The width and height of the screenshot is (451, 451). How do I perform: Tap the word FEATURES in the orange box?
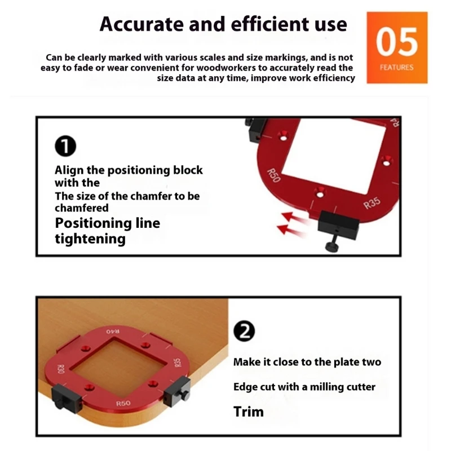(x=397, y=67)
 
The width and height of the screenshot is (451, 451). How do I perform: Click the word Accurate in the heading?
(x=142, y=24)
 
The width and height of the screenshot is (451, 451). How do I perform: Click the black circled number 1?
(x=65, y=146)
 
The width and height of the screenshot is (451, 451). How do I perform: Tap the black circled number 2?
(x=244, y=331)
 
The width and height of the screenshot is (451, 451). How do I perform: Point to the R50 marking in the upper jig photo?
(x=273, y=175)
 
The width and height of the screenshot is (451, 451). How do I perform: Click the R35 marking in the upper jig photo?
(x=372, y=204)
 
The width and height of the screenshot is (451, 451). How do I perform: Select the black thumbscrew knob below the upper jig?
(x=331, y=246)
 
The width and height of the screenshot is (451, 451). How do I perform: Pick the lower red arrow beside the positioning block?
(x=290, y=230)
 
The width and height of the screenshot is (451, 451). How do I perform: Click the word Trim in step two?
(x=249, y=412)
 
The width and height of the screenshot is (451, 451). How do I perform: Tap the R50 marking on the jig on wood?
(x=123, y=404)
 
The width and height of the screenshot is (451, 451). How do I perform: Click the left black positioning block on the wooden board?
(x=67, y=399)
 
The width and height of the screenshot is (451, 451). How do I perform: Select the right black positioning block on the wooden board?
(x=177, y=392)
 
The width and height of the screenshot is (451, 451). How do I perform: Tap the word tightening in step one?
(x=90, y=239)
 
